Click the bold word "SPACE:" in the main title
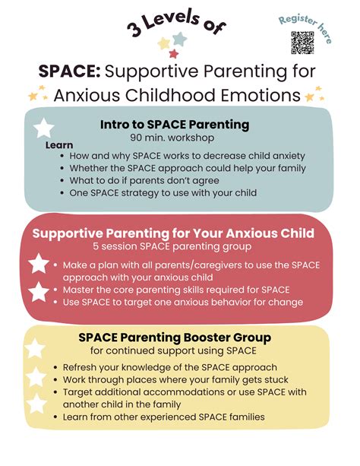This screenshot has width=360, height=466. pos(69,72)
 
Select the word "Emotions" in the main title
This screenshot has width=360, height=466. pos(263,96)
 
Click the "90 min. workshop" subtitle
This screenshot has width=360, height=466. pos(173,138)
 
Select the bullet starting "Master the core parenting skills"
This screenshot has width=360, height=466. pos(172,290)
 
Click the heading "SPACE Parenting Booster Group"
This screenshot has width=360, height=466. pos(177,337)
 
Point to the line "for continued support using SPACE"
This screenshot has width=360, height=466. pos(172,350)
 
